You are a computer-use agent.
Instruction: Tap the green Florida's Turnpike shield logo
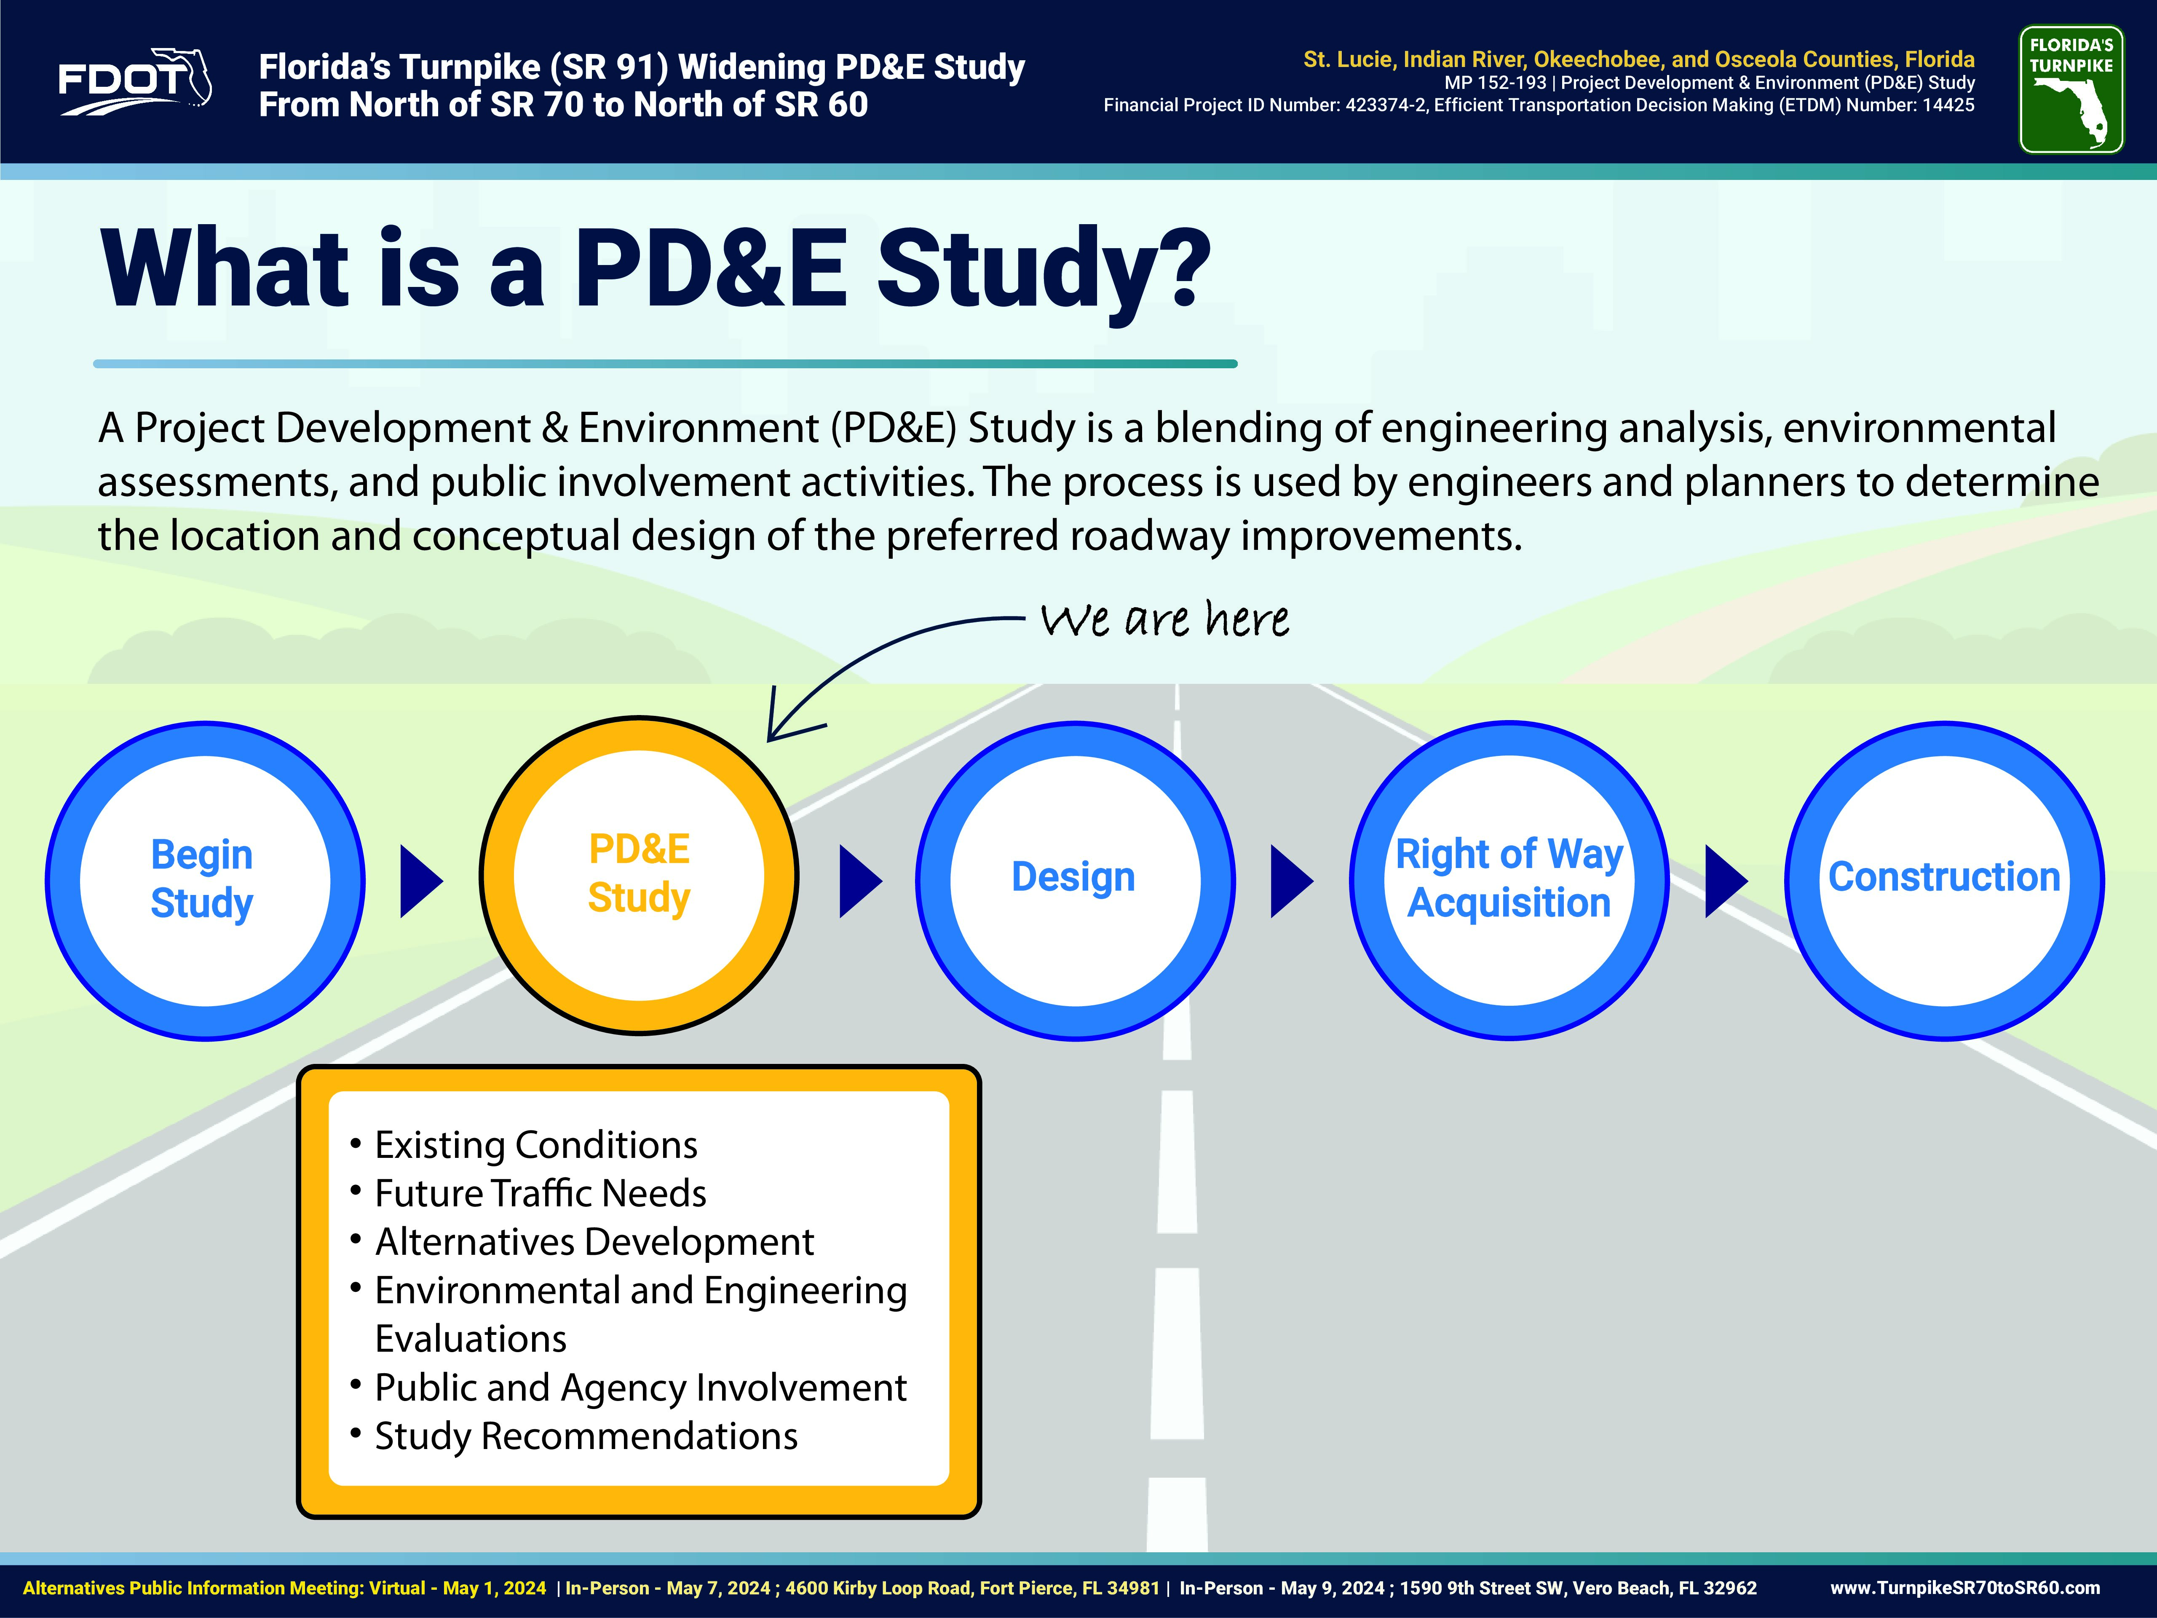point(2071,90)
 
